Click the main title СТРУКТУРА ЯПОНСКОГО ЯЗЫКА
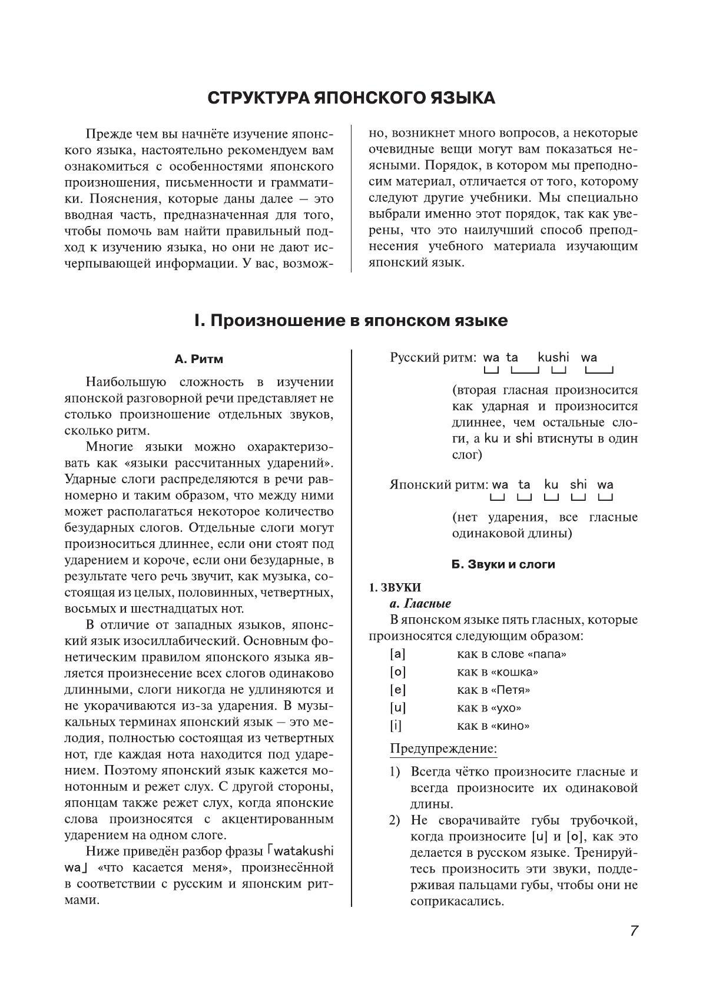[351, 98]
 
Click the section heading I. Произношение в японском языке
[351, 321]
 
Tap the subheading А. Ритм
[199, 359]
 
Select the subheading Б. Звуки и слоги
[503, 564]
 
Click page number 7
[634, 931]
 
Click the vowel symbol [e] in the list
[398, 690]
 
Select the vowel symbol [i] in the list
[396, 726]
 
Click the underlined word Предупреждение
[443, 749]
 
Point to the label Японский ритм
[439, 485]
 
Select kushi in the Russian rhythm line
[553, 357]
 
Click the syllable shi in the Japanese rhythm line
[578, 484]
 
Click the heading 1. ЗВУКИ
[395, 587]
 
